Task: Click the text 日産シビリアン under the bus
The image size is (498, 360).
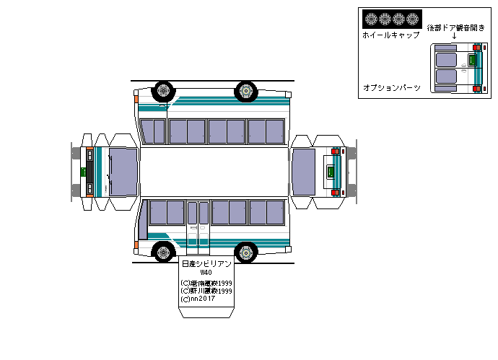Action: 206,265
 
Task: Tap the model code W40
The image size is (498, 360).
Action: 206,273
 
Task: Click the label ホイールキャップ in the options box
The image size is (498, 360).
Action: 390,35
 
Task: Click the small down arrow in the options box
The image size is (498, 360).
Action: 454,35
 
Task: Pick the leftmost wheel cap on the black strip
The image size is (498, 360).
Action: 370,19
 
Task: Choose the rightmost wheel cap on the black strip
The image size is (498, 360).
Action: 413,19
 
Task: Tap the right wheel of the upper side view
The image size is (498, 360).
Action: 246,91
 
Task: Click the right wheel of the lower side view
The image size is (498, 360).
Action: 246,253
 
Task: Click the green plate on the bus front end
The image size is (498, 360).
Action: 84,171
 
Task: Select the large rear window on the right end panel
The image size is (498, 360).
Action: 304,172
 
